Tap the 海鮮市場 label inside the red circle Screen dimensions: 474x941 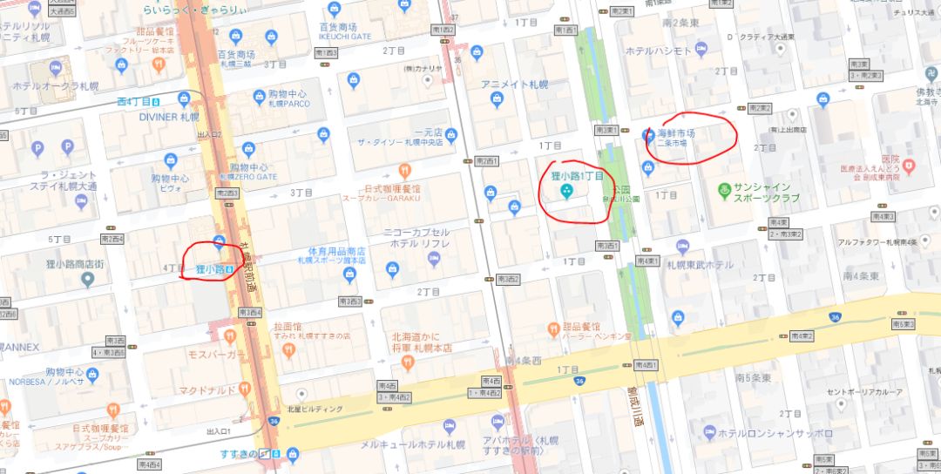click(676, 134)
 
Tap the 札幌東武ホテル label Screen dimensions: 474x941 click(694, 265)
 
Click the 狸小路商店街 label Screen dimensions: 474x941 click(52, 264)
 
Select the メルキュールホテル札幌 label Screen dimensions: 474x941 click(412, 444)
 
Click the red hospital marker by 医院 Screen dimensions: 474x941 click(909, 165)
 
